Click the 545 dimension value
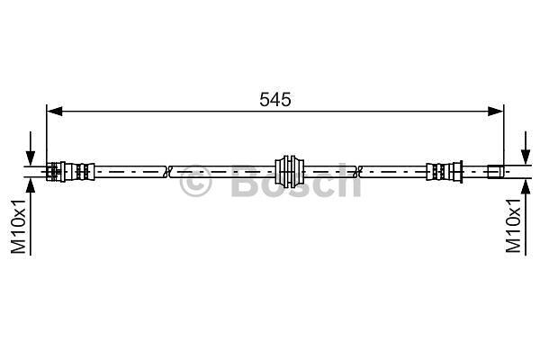point(274,100)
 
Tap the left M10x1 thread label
point(18,226)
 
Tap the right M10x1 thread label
point(513,226)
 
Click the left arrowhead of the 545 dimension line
point(54,112)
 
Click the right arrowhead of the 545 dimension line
point(496,112)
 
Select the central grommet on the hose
point(289,171)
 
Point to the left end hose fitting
point(70,171)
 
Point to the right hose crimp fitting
point(445,171)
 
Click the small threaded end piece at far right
point(496,171)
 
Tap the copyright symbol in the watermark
point(195,181)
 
